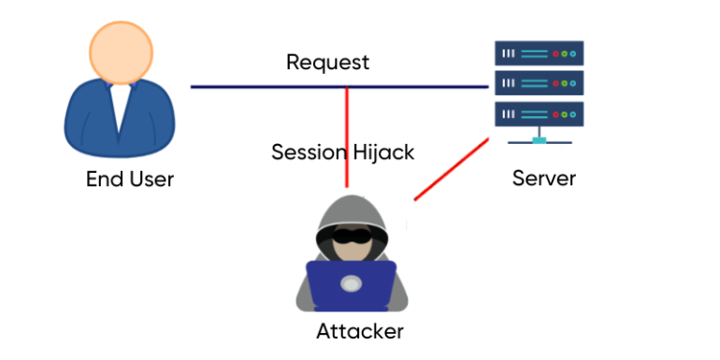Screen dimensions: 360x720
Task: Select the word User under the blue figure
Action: coord(149,179)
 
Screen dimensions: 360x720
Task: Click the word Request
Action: coord(327,63)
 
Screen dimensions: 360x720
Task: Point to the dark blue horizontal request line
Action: coord(262,87)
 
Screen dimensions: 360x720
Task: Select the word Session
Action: coord(309,151)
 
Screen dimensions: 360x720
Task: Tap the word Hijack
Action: coord(383,151)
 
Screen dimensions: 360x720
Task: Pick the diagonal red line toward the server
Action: coord(452,168)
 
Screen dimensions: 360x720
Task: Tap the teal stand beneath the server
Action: coord(539,140)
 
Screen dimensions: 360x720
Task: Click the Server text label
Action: coord(543,178)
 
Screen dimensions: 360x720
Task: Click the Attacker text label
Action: coord(360,331)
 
